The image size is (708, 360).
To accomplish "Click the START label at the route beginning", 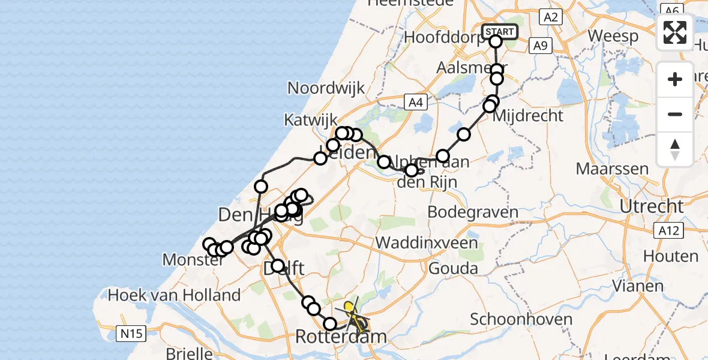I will [499, 32].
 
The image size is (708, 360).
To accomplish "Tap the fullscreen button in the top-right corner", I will [675, 32].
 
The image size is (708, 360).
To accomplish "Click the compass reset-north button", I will [675, 149].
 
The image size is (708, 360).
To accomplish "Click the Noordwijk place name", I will [326, 88].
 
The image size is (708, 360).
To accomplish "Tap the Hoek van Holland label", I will [174, 295].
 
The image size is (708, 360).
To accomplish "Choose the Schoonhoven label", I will [521, 319].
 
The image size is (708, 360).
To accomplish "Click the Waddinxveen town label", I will [428, 243].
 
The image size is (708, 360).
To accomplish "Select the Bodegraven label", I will [474, 212].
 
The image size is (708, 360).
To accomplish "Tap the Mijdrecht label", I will [528, 115].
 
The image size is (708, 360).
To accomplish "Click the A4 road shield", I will [416, 103].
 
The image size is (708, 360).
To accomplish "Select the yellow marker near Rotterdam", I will [348, 307].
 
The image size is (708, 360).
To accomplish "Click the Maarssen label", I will [612, 168].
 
